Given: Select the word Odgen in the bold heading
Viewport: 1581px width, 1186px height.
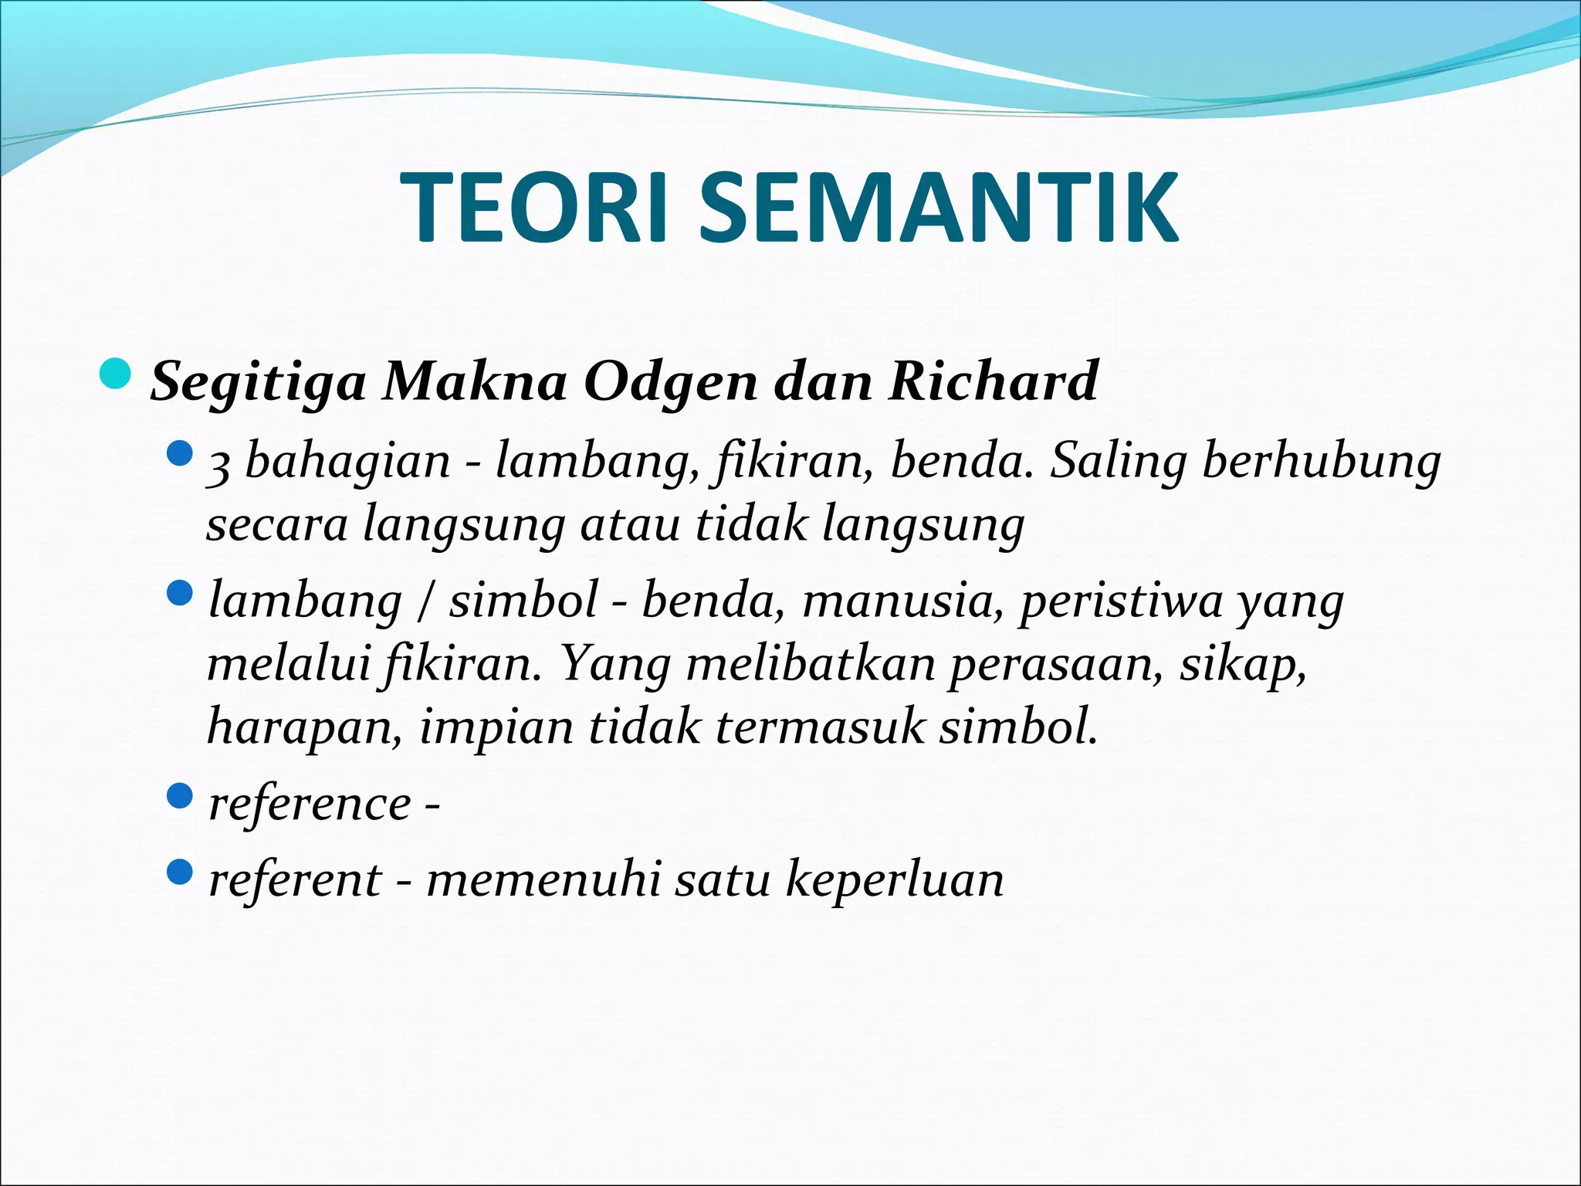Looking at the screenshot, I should (x=671, y=381).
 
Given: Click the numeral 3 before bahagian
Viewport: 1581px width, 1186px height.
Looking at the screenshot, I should (x=218, y=465).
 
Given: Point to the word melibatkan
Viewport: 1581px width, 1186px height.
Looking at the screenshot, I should (x=810, y=664).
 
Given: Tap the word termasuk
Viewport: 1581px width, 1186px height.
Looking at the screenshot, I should (x=819, y=727).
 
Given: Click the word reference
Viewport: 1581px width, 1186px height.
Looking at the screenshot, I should (x=310, y=805).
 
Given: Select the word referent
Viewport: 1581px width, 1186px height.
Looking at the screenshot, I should (x=295, y=879).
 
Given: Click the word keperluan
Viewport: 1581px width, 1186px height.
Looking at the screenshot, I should (x=895, y=881).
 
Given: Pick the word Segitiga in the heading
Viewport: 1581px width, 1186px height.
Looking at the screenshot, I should (x=258, y=381).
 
